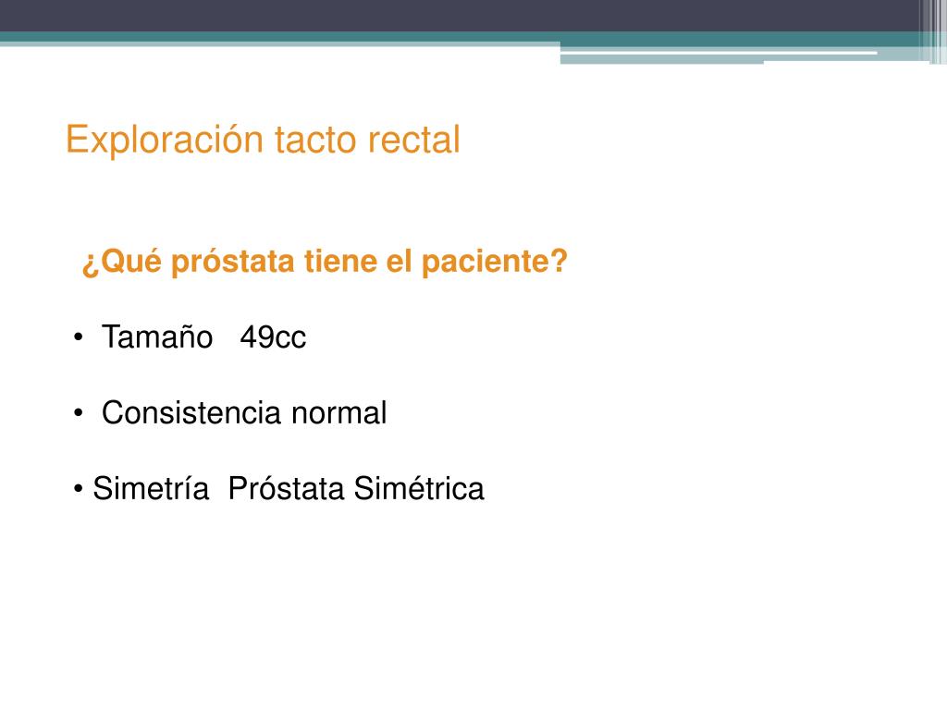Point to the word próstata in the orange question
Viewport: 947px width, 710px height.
point(235,263)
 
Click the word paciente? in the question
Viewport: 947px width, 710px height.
point(495,263)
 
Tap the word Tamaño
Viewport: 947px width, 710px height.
point(157,338)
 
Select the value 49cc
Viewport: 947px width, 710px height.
point(273,338)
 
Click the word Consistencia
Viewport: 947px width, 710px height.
point(192,413)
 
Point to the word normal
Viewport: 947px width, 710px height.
point(339,413)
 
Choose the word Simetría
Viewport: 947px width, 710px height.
point(151,488)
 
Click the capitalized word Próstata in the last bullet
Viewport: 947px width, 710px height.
point(287,488)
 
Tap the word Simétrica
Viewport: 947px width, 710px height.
point(419,488)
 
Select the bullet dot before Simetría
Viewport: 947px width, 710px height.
point(80,488)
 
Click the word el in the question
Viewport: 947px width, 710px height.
point(399,263)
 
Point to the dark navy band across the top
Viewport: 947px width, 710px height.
point(462,15)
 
